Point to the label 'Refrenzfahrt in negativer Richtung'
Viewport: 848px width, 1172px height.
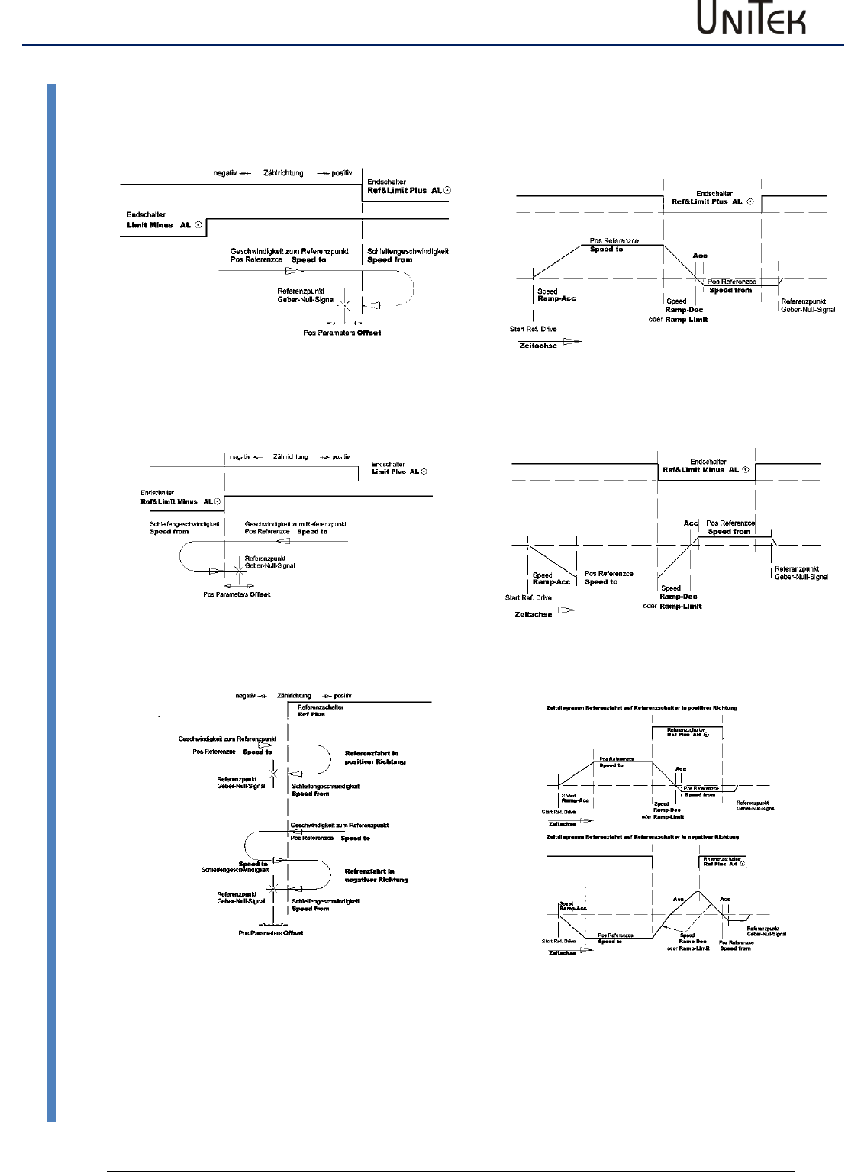pyautogui.click(x=376, y=875)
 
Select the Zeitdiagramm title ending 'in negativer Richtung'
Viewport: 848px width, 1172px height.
pyautogui.click(x=643, y=837)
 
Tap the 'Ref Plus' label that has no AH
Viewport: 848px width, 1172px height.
pyautogui.click(x=311, y=715)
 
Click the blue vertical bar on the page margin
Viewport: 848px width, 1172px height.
pyautogui.click(x=52, y=603)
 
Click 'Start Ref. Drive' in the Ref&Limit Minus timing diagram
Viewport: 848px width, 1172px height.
pyautogui.click(x=527, y=597)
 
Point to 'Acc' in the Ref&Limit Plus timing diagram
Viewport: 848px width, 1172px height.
pyautogui.click(x=699, y=256)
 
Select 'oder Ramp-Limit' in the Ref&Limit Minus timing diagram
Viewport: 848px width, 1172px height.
pyautogui.click(x=672, y=606)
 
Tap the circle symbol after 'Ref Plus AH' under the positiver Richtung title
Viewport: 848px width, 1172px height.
pyautogui.click(x=706, y=735)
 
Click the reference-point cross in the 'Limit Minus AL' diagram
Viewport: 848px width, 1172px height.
pyautogui.click(x=345, y=304)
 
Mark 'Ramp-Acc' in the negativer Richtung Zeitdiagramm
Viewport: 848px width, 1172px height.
pyautogui.click(x=572, y=909)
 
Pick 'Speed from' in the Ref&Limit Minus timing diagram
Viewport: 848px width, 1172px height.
pyautogui.click(x=729, y=531)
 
